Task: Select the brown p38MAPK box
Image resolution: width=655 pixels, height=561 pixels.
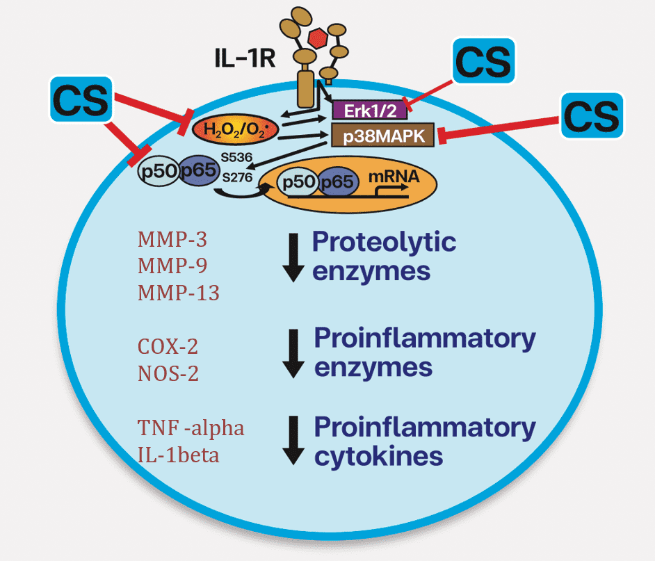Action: pyautogui.click(x=382, y=134)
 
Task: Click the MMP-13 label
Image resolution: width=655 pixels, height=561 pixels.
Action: pyautogui.click(x=179, y=293)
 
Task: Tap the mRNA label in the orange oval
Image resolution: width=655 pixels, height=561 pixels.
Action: pyautogui.click(x=394, y=177)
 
